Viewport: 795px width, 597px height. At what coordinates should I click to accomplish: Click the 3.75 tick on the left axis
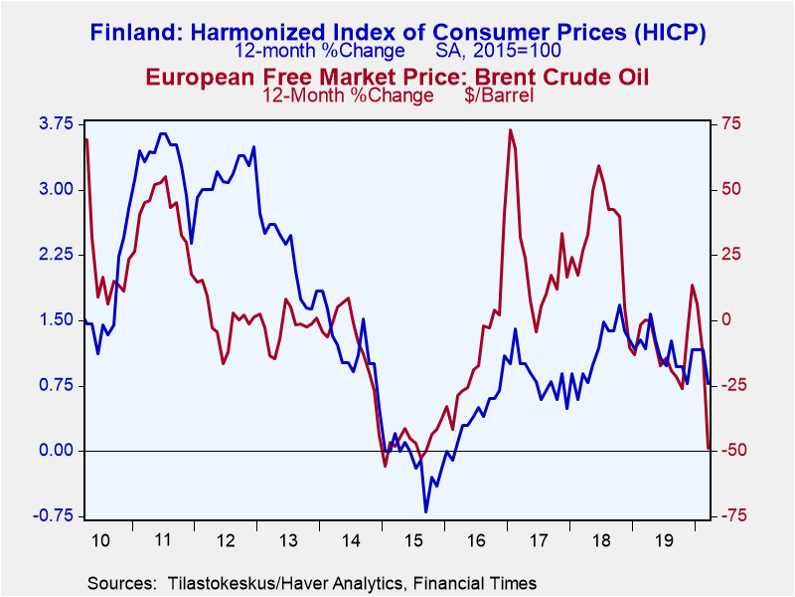57,124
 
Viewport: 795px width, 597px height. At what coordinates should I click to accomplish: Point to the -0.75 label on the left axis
54,515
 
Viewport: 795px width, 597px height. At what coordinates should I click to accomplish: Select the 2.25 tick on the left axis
57,255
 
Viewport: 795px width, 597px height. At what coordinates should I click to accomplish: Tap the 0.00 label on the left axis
57,451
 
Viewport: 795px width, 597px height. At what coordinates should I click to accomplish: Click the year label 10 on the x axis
100,540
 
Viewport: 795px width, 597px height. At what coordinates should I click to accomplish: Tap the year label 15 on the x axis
413,540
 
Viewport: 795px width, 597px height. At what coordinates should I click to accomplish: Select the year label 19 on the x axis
664,540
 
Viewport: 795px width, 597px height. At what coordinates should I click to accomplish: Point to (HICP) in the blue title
669,34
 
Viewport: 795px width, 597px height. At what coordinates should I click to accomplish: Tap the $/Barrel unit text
499,96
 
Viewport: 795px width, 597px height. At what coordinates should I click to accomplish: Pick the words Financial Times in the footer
475,583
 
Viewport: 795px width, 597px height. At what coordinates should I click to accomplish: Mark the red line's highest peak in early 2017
510,130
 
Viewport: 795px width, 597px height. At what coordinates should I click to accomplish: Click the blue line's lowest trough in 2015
425,511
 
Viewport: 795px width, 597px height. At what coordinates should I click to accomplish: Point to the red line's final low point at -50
709,449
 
